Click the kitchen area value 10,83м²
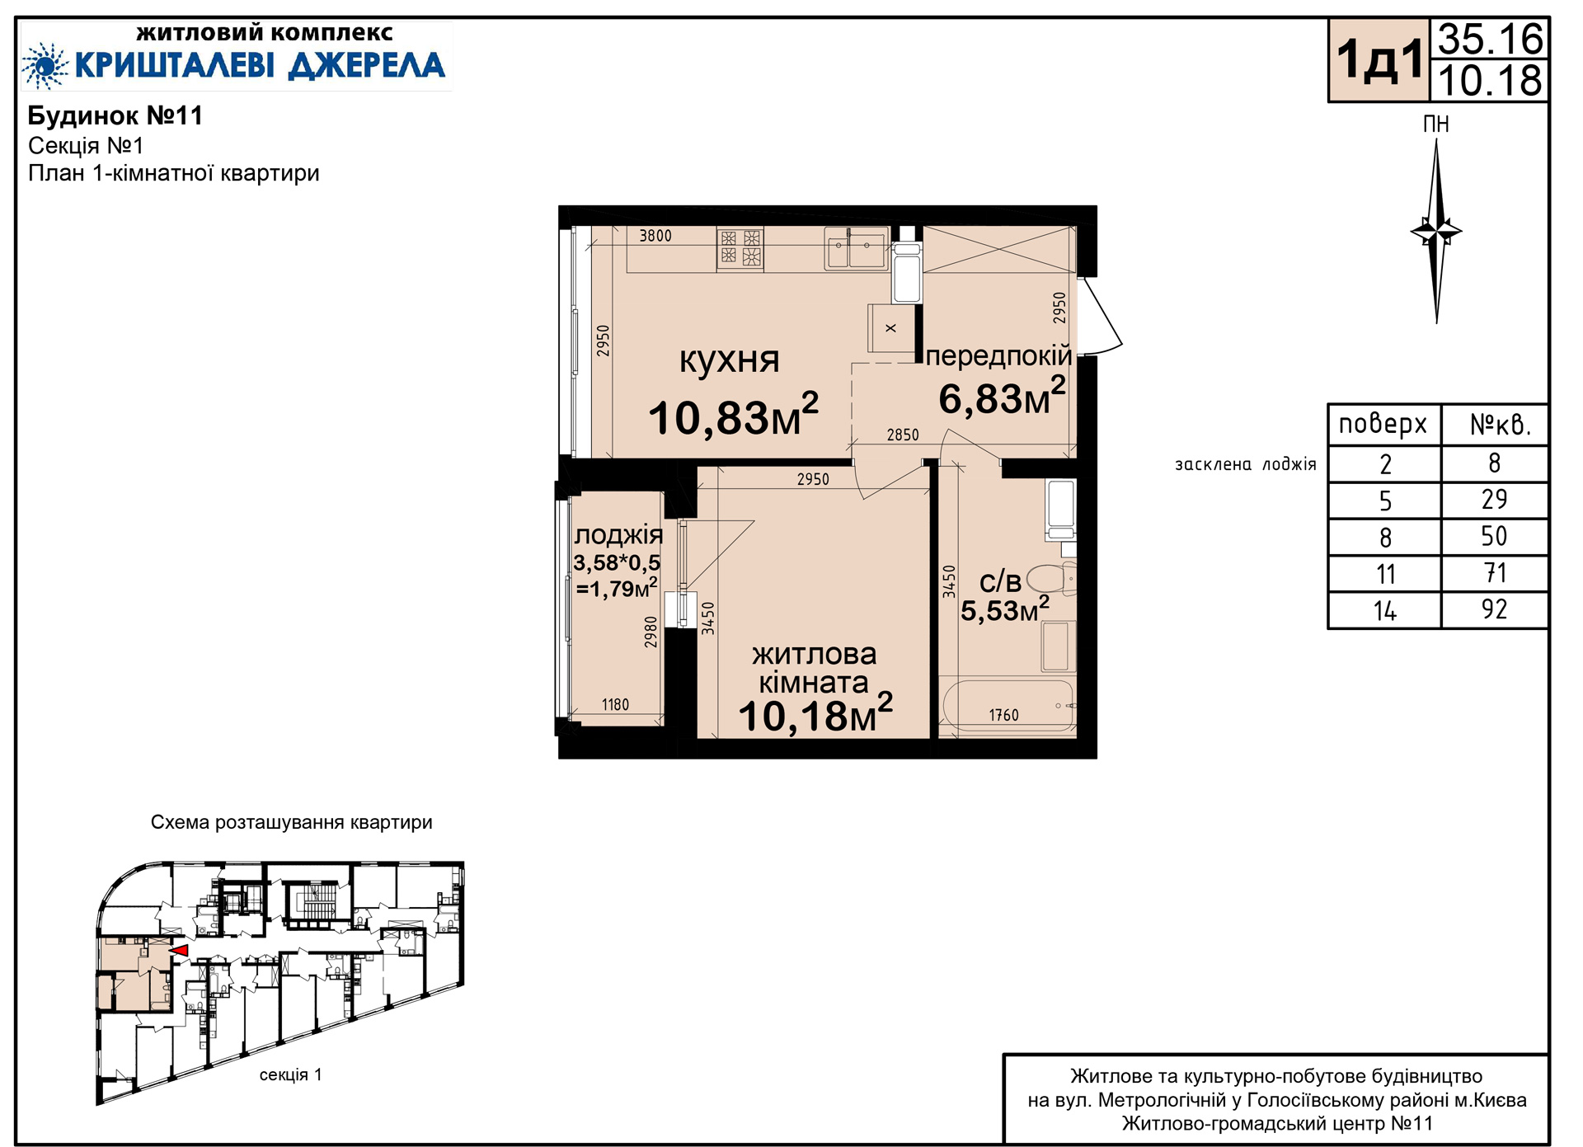pyautogui.click(x=733, y=415)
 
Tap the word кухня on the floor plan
pyautogui.click(x=729, y=360)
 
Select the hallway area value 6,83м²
pyautogui.click(x=1002, y=397)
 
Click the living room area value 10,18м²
pyautogui.click(x=815, y=713)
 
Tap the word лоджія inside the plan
pyautogui.click(x=618, y=536)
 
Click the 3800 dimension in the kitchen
pyautogui.click(x=655, y=236)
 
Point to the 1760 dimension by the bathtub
pyautogui.click(x=1003, y=715)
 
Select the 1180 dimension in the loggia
pyautogui.click(x=615, y=704)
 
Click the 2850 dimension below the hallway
pyautogui.click(x=903, y=435)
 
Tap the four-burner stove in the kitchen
pyautogui.click(x=740, y=248)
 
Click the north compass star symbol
pyautogui.click(x=1436, y=231)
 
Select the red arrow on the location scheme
pyautogui.click(x=178, y=951)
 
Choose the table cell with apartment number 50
pyautogui.click(x=1494, y=537)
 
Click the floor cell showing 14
pyautogui.click(x=1385, y=611)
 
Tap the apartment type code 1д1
pyautogui.click(x=1379, y=60)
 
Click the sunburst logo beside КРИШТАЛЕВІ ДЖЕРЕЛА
pyautogui.click(x=45, y=65)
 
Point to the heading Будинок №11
pyautogui.click(x=115, y=115)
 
